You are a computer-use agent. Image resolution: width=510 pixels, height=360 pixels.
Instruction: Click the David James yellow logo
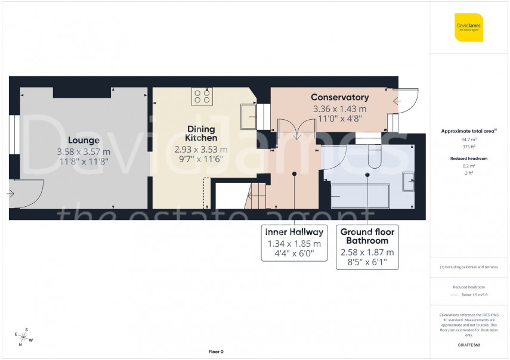point(469,27)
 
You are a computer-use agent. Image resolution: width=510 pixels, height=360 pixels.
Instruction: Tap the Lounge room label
point(84,140)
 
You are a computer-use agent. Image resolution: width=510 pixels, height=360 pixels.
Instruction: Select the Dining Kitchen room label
point(201,134)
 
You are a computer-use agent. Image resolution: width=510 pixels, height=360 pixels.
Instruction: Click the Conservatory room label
point(340,97)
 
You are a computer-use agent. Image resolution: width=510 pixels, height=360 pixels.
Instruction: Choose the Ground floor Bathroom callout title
point(367,236)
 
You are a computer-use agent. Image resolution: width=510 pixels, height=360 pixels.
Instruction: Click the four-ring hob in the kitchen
point(202,97)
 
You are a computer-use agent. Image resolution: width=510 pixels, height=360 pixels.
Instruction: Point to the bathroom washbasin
point(409,181)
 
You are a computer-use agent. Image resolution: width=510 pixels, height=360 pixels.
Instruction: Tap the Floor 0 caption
point(216,352)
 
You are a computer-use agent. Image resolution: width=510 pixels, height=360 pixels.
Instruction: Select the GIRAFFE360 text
point(469,346)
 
